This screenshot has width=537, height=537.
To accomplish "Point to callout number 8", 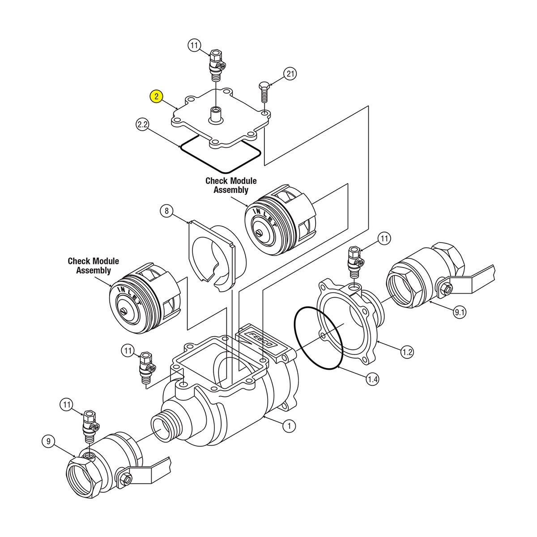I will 166,211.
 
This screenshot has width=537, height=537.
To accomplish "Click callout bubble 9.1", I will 460,312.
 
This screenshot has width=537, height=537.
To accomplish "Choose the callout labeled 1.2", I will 407,352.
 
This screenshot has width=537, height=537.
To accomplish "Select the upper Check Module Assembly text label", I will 231,185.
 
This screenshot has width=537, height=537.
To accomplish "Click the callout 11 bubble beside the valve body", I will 128,351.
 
